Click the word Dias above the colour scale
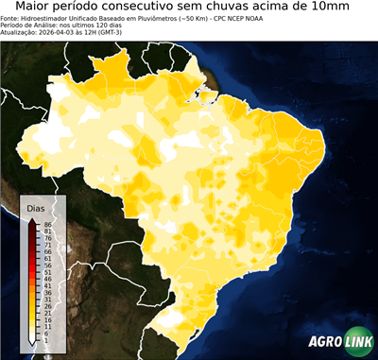point(35,207)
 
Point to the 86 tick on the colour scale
point(47,224)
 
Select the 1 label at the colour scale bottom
point(45,341)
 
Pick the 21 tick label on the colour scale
point(47,314)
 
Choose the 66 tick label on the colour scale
point(47,252)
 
